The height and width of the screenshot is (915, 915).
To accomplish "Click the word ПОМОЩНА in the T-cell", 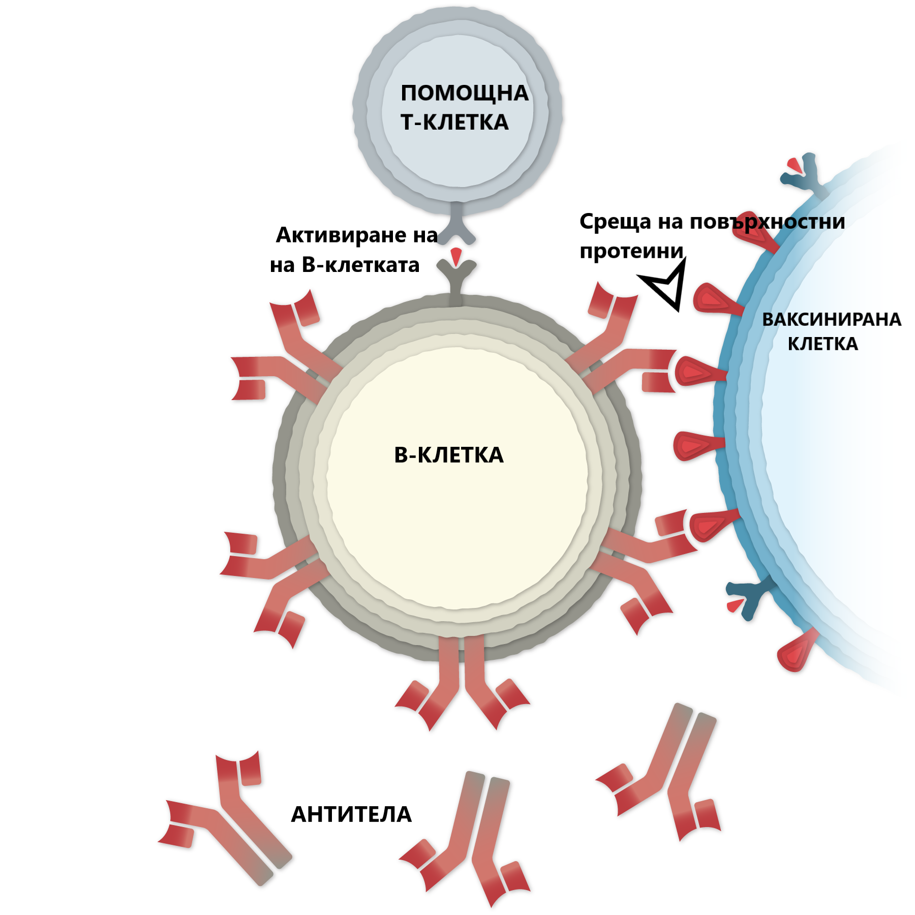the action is [465, 94].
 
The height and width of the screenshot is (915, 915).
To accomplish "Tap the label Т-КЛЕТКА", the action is [454, 123].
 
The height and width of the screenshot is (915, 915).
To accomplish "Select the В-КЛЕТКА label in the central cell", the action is [449, 455].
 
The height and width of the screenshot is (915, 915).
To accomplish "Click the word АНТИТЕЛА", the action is [351, 814].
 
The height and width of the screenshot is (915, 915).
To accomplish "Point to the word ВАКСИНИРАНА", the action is [832, 319].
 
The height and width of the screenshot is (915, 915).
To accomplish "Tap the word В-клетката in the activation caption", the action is [360, 265].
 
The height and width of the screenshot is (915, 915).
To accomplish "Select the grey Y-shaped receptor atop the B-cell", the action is [456, 282].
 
